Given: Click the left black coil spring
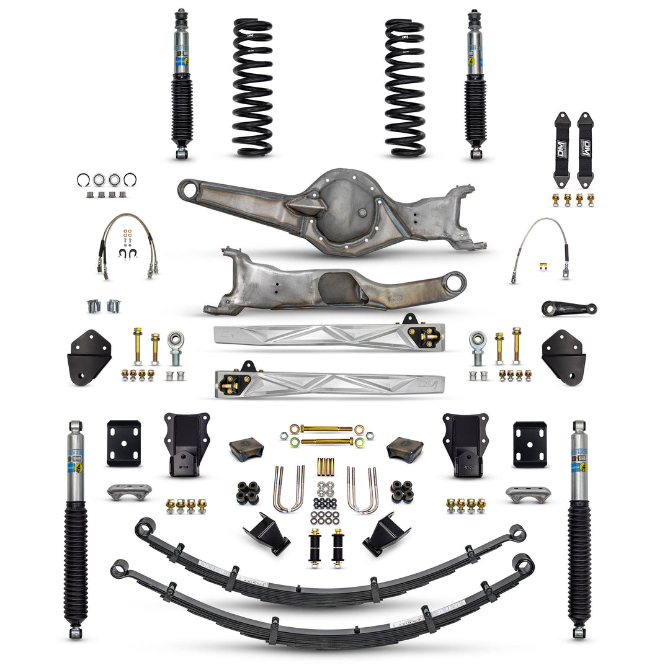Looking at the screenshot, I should click(x=252, y=87).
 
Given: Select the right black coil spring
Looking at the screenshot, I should click(x=404, y=87).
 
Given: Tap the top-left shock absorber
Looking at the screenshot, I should click(x=181, y=84).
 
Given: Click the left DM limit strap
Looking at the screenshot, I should click(x=562, y=150).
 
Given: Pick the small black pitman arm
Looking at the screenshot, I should click(x=568, y=308).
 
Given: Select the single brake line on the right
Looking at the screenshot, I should click(x=539, y=248).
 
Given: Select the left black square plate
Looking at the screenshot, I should click(x=123, y=443).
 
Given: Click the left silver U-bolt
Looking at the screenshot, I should click(x=288, y=490).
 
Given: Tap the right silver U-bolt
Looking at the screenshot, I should click(x=362, y=490).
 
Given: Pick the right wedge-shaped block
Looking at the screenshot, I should click(x=404, y=449).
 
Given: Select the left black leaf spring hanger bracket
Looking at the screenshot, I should click(x=186, y=444).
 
